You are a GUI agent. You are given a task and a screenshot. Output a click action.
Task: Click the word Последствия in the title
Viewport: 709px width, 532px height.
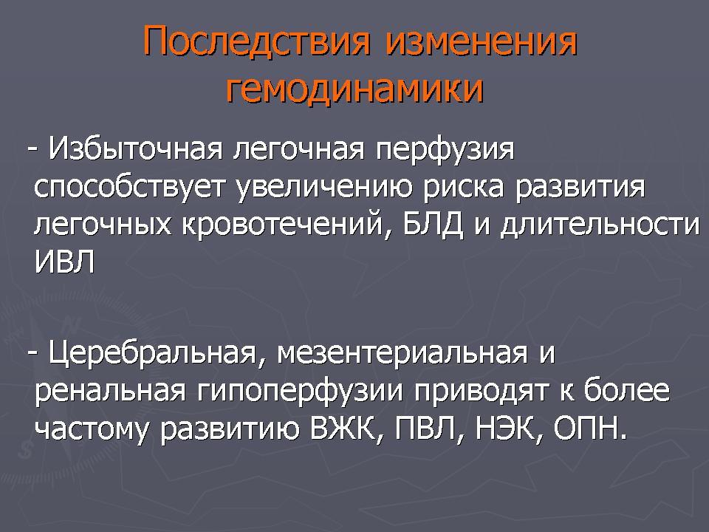pos(256,41)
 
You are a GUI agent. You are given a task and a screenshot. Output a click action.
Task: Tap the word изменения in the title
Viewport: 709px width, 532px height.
pos(481,41)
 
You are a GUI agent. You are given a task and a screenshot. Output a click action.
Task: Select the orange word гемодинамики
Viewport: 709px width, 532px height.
pos(354,88)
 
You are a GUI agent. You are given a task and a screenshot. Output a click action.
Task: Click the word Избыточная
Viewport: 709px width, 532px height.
pos(136,149)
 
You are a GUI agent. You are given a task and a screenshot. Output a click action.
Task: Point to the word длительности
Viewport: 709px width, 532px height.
pos(600,224)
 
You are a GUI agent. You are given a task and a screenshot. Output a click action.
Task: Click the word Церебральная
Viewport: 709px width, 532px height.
pos(154,353)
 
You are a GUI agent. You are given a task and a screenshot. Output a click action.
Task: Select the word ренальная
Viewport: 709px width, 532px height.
pos(110,392)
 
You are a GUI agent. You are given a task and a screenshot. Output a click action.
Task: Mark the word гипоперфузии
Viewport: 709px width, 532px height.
pos(300,392)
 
